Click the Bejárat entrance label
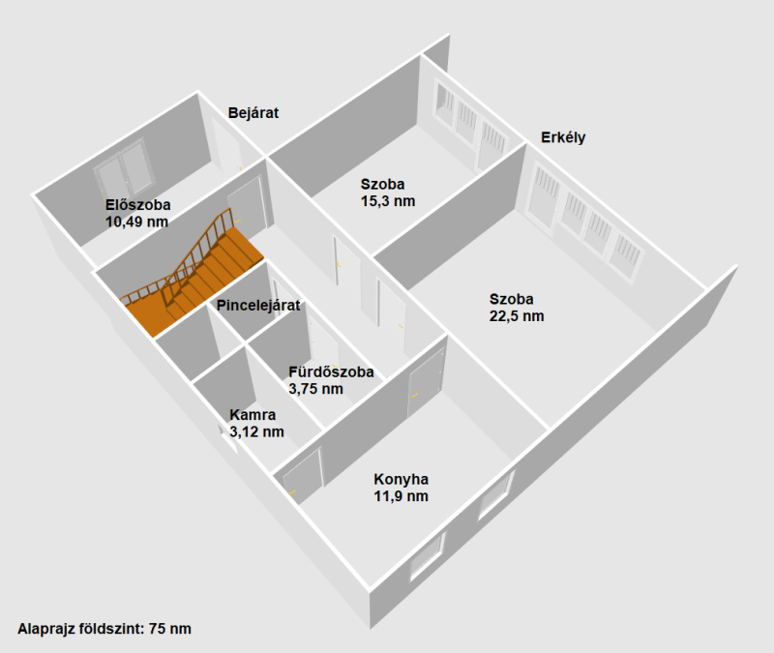[253, 113]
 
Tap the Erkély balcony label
[563, 137]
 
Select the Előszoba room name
[138, 205]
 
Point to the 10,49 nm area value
[136, 222]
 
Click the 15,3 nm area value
[388, 201]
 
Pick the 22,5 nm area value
[517, 316]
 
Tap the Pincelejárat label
[258, 306]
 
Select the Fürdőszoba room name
[331, 371]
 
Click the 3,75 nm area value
[316, 389]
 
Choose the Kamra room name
[253, 415]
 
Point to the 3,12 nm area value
[256, 431]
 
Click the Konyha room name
[401, 479]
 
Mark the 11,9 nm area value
[401, 496]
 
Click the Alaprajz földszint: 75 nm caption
[104, 629]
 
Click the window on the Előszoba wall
[125, 171]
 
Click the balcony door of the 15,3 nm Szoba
[491, 146]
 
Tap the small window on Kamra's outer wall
[228, 435]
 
